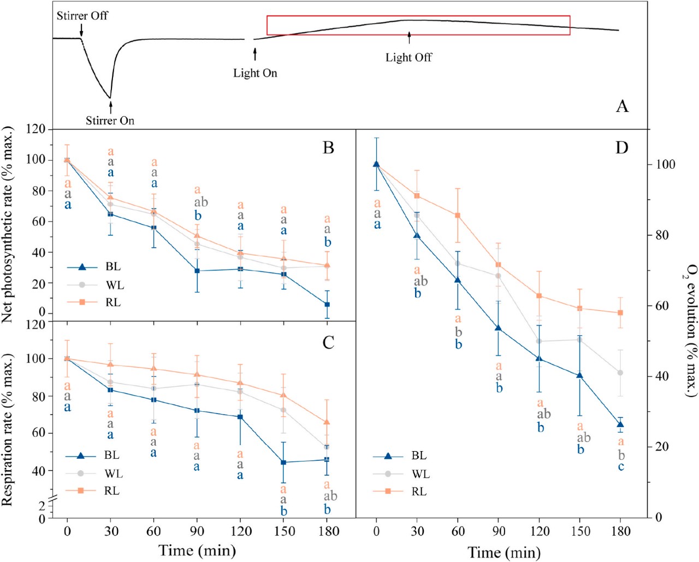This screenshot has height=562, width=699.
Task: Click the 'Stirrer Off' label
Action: (x=82, y=15)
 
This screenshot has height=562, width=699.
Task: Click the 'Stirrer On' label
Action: (x=110, y=120)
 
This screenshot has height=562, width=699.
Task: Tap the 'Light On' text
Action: (x=255, y=73)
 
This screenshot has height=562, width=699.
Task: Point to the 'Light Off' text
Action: (x=408, y=57)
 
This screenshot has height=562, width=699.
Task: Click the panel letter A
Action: (x=622, y=106)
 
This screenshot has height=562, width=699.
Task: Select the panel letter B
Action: (x=328, y=147)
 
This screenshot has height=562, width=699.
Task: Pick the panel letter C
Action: (x=328, y=342)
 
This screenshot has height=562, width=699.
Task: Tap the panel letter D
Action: (x=621, y=147)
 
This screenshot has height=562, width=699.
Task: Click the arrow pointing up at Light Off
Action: (x=409, y=38)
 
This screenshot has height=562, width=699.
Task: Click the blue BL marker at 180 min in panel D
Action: (x=620, y=424)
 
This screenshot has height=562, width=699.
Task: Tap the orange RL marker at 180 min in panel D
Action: (x=620, y=313)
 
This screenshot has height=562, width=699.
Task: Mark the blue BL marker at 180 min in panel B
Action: (x=327, y=304)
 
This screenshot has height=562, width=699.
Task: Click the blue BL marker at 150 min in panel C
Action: (x=283, y=462)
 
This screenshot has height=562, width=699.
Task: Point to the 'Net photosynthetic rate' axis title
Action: (x=7, y=224)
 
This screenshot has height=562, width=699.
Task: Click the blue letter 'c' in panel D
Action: (x=621, y=467)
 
